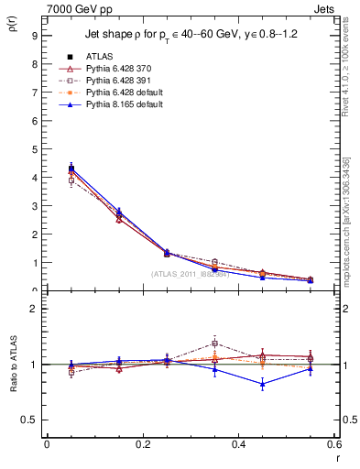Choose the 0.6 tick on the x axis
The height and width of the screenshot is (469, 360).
click(x=334, y=445)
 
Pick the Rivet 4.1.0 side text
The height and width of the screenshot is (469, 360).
click(x=348, y=70)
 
